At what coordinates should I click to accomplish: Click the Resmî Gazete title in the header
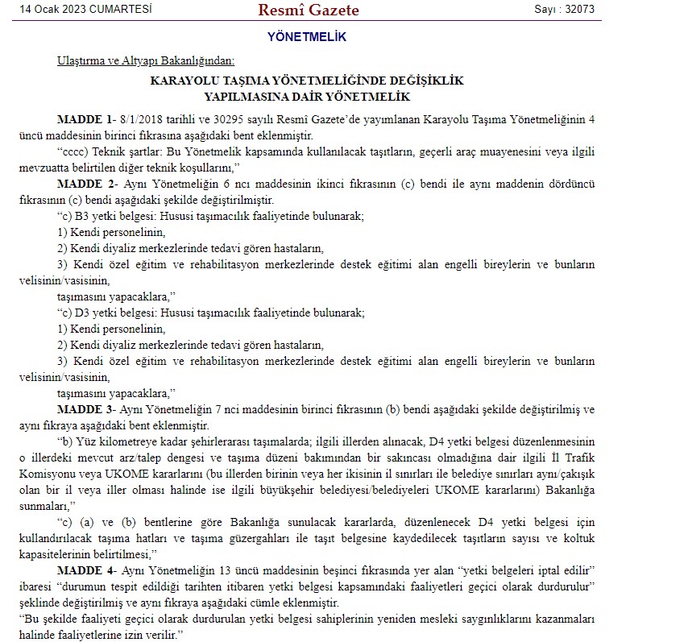coord(309,10)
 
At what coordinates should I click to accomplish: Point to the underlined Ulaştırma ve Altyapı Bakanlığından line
coord(146,61)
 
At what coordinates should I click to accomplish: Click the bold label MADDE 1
coord(85,118)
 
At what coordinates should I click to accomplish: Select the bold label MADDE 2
coord(85,184)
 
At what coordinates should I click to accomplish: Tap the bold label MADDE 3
coord(85,409)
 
